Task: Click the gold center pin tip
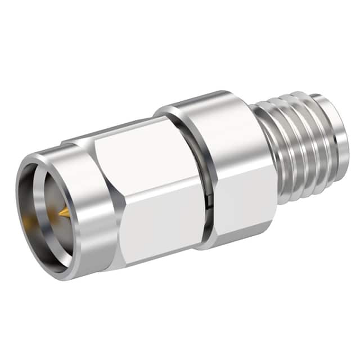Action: click(x=63, y=213)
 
